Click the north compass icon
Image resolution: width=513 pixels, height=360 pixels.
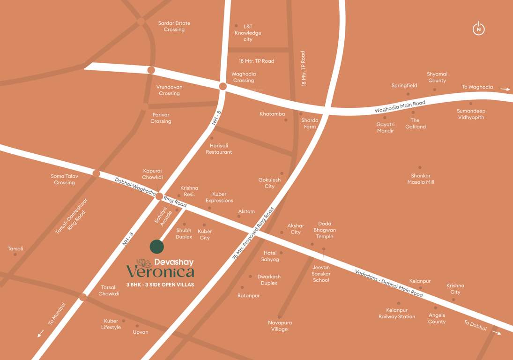coord(478,29)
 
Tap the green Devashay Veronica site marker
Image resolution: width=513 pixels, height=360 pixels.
coord(157,247)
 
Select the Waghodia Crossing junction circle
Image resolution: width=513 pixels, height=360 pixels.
coord(223,86)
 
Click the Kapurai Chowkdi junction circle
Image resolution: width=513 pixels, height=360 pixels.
coord(159,196)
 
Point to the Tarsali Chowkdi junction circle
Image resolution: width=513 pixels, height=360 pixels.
coord(83,297)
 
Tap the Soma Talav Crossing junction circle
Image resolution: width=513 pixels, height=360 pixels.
coord(96,173)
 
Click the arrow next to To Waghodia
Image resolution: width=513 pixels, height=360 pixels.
coord(505,89)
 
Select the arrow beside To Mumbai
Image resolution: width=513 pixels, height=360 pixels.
coord(41,334)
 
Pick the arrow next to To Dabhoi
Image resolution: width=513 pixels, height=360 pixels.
coord(496,333)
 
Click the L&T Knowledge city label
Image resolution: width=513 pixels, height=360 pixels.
coord(248,33)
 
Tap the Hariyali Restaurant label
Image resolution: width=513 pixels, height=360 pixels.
coord(219,149)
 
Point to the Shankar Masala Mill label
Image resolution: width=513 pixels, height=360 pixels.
coord(420,179)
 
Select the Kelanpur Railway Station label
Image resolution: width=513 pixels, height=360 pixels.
coord(397,314)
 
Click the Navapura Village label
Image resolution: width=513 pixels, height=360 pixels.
coord(280,326)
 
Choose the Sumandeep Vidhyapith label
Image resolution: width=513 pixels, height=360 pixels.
coord(471,114)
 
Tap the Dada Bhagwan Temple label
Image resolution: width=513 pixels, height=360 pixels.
coord(325,230)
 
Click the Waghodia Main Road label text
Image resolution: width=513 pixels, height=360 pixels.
coord(400,106)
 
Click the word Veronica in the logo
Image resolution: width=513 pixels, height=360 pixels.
coord(160,272)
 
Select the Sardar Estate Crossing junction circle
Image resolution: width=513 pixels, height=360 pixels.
coord(141,22)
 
